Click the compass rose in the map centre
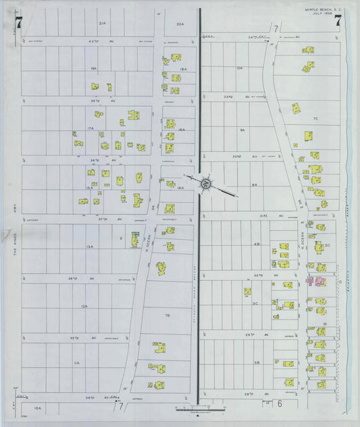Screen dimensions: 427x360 pos(208,182)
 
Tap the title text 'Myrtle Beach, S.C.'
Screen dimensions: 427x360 pos(319,9)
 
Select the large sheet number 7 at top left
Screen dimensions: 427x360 pos(18,22)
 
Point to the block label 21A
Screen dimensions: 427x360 pos(103,24)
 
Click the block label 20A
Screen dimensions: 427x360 pos(180,24)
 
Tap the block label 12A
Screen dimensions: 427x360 pos(84,307)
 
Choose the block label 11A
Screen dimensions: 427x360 pos(77,363)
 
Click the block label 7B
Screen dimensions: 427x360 pos(167,315)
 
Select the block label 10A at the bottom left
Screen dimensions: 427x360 pos(38,408)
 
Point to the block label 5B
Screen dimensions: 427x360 pos(257,363)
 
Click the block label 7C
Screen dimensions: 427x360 pos(315,119)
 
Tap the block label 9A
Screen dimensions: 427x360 pos(241,129)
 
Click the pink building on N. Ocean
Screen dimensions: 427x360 pos(315,280)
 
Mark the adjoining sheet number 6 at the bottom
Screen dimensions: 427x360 pos(279,404)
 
